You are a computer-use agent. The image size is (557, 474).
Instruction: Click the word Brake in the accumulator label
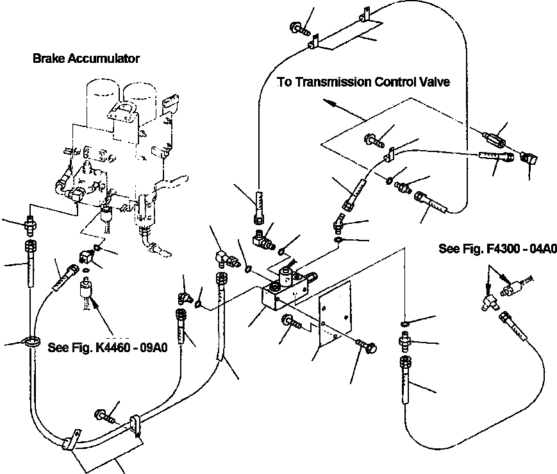pyautogui.click(x=48, y=58)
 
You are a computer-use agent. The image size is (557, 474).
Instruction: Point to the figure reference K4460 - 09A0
pyautogui.click(x=131, y=348)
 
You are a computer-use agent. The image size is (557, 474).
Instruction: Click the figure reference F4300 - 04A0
pyautogui.click(x=522, y=249)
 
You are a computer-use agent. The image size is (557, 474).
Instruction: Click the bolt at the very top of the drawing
pyautogui.click(x=300, y=28)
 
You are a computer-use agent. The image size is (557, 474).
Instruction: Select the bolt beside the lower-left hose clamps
pyautogui.click(x=105, y=416)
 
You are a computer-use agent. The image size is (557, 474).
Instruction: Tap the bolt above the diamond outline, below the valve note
pyautogui.click(x=374, y=140)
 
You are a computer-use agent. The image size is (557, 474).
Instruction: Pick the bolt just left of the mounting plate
pyautogui.click(x=291, y=322)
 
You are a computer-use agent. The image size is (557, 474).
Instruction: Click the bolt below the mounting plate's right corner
pyautogui.click(x=366, y=345)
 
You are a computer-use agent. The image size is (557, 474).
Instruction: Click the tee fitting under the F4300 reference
pyautogui.click(x=490, y=301)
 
